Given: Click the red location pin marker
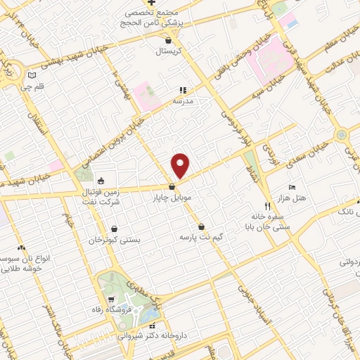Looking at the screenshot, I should coord(181,165).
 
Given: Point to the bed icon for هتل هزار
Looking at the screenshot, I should coord(292,188).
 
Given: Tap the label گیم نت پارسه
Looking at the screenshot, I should coord(202,237).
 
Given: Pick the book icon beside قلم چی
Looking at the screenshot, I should coord(31,75).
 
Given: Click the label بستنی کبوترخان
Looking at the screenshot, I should coord(115,240).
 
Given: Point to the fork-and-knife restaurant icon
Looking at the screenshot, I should coord(267,206).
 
